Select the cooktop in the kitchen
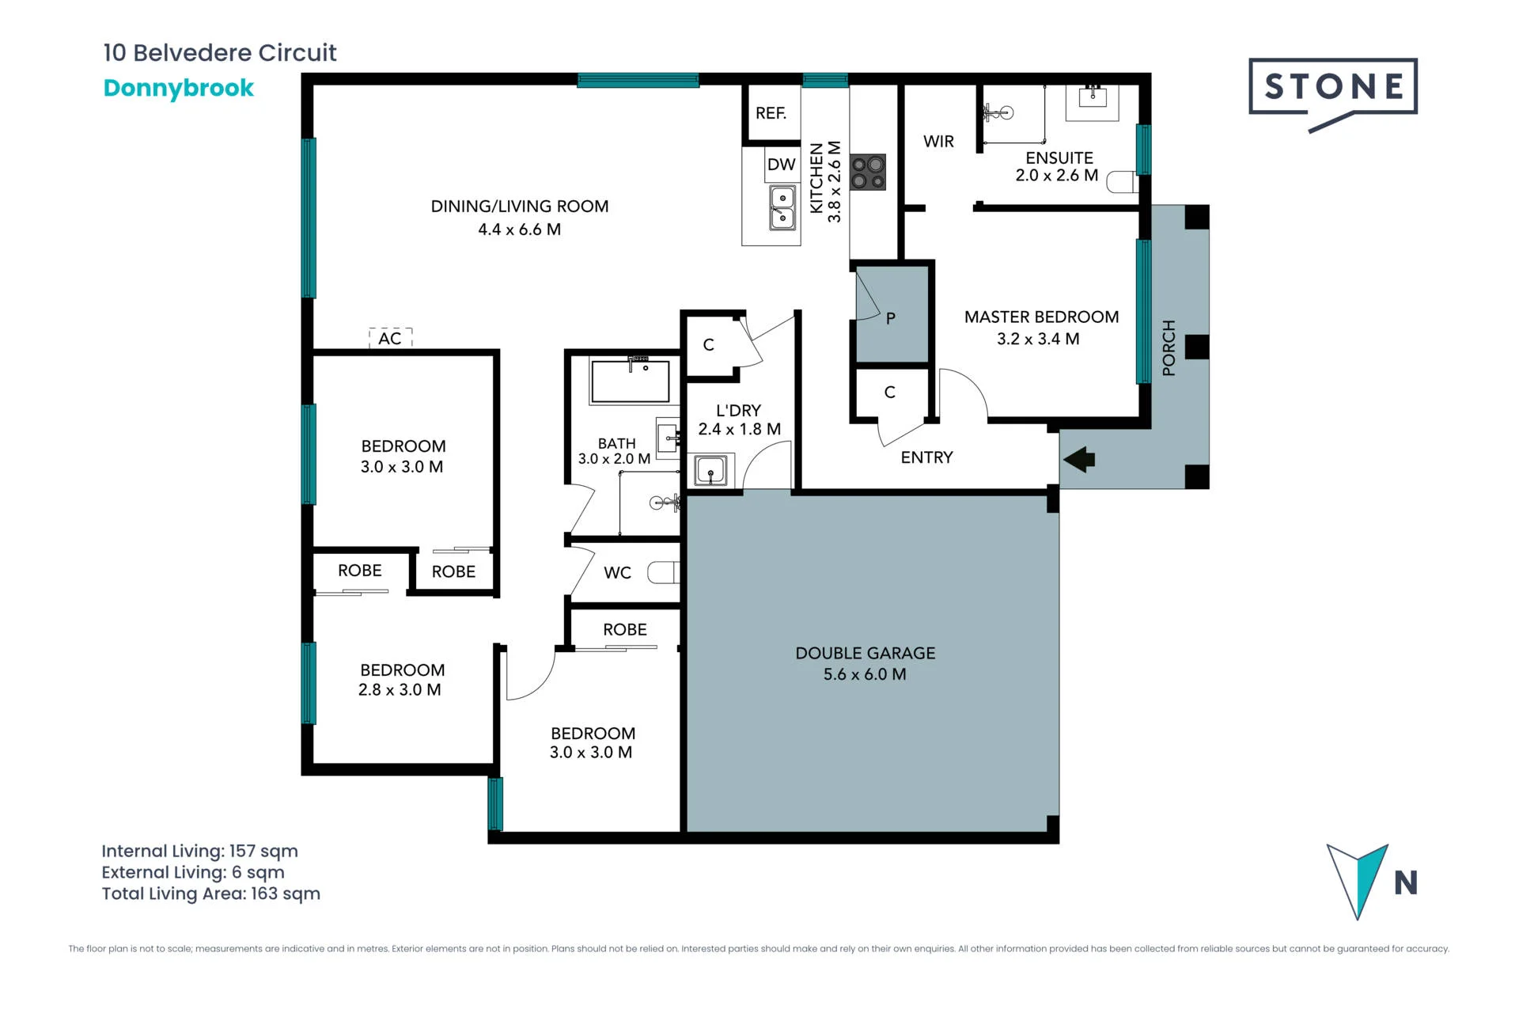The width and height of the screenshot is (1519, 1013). [x=868, y=173]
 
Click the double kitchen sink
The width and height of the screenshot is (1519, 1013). [x=782, y=207]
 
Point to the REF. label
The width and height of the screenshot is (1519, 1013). [x=771, y=113]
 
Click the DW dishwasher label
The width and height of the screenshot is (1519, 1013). [x=781, y=165]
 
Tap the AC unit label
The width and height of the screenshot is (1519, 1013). [x=390, y=339]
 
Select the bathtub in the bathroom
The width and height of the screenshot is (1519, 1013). [x=631, y=381]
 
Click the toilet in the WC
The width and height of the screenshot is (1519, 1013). [x=664, y=571]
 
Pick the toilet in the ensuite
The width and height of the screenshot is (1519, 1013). [x=1122, y=182]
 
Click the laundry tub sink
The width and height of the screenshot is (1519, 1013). [x=710, y=470]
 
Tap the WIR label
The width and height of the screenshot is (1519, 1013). [x=938, y=142]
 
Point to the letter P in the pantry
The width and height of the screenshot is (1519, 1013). [x=891, y=318]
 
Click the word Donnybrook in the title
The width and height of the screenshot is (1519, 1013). [x=179, y=88]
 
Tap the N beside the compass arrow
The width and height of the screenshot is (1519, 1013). [x=1406, y=882]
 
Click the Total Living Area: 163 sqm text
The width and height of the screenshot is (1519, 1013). [x=211, y=893]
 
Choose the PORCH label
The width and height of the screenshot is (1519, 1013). [x=1169, y=347]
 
